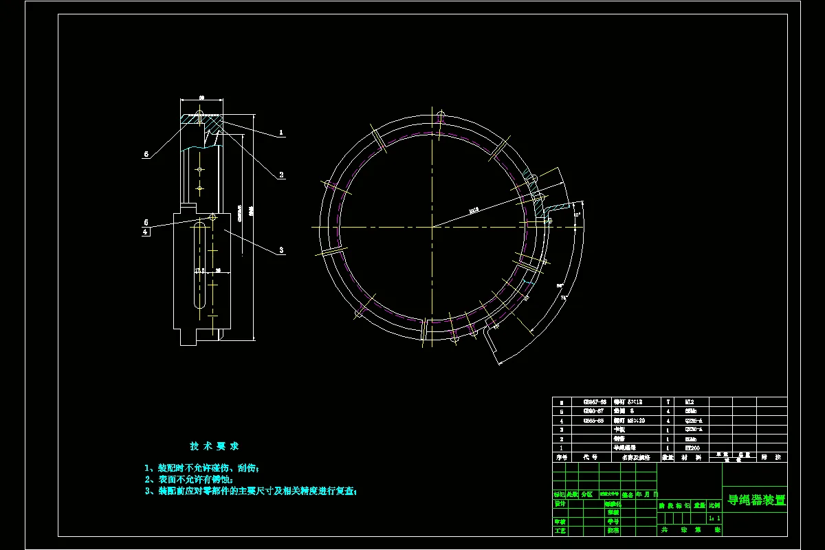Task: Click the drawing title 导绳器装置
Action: pos(756,500)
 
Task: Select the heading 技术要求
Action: pos(214,446)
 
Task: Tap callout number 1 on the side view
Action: pos(280,131)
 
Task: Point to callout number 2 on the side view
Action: pos(281,175)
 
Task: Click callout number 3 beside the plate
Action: pos(281,251)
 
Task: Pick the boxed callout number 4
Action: pos(146,232)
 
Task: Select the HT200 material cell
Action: pos(692,447)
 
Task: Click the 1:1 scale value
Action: pos(714,518)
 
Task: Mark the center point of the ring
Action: pos(432,226)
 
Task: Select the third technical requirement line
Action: pos(251,492)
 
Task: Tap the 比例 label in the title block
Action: pos(714,505)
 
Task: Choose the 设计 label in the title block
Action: pos(560,503)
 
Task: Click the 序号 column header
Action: pos(562,456)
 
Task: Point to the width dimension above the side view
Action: pos(201,98)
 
